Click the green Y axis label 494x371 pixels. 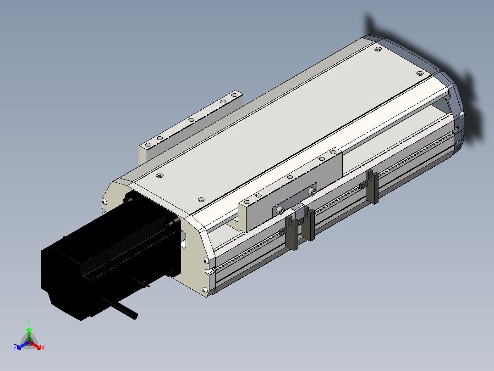tap(29, 323)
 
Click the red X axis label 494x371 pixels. tap(43, 348)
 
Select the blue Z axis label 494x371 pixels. tap(15, 348)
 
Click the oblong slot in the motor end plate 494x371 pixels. tap(184, 239)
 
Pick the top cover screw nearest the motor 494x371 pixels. tap(160, 175)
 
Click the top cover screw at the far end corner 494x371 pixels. tap(378, 49)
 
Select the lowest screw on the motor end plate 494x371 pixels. tap(204, 290)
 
